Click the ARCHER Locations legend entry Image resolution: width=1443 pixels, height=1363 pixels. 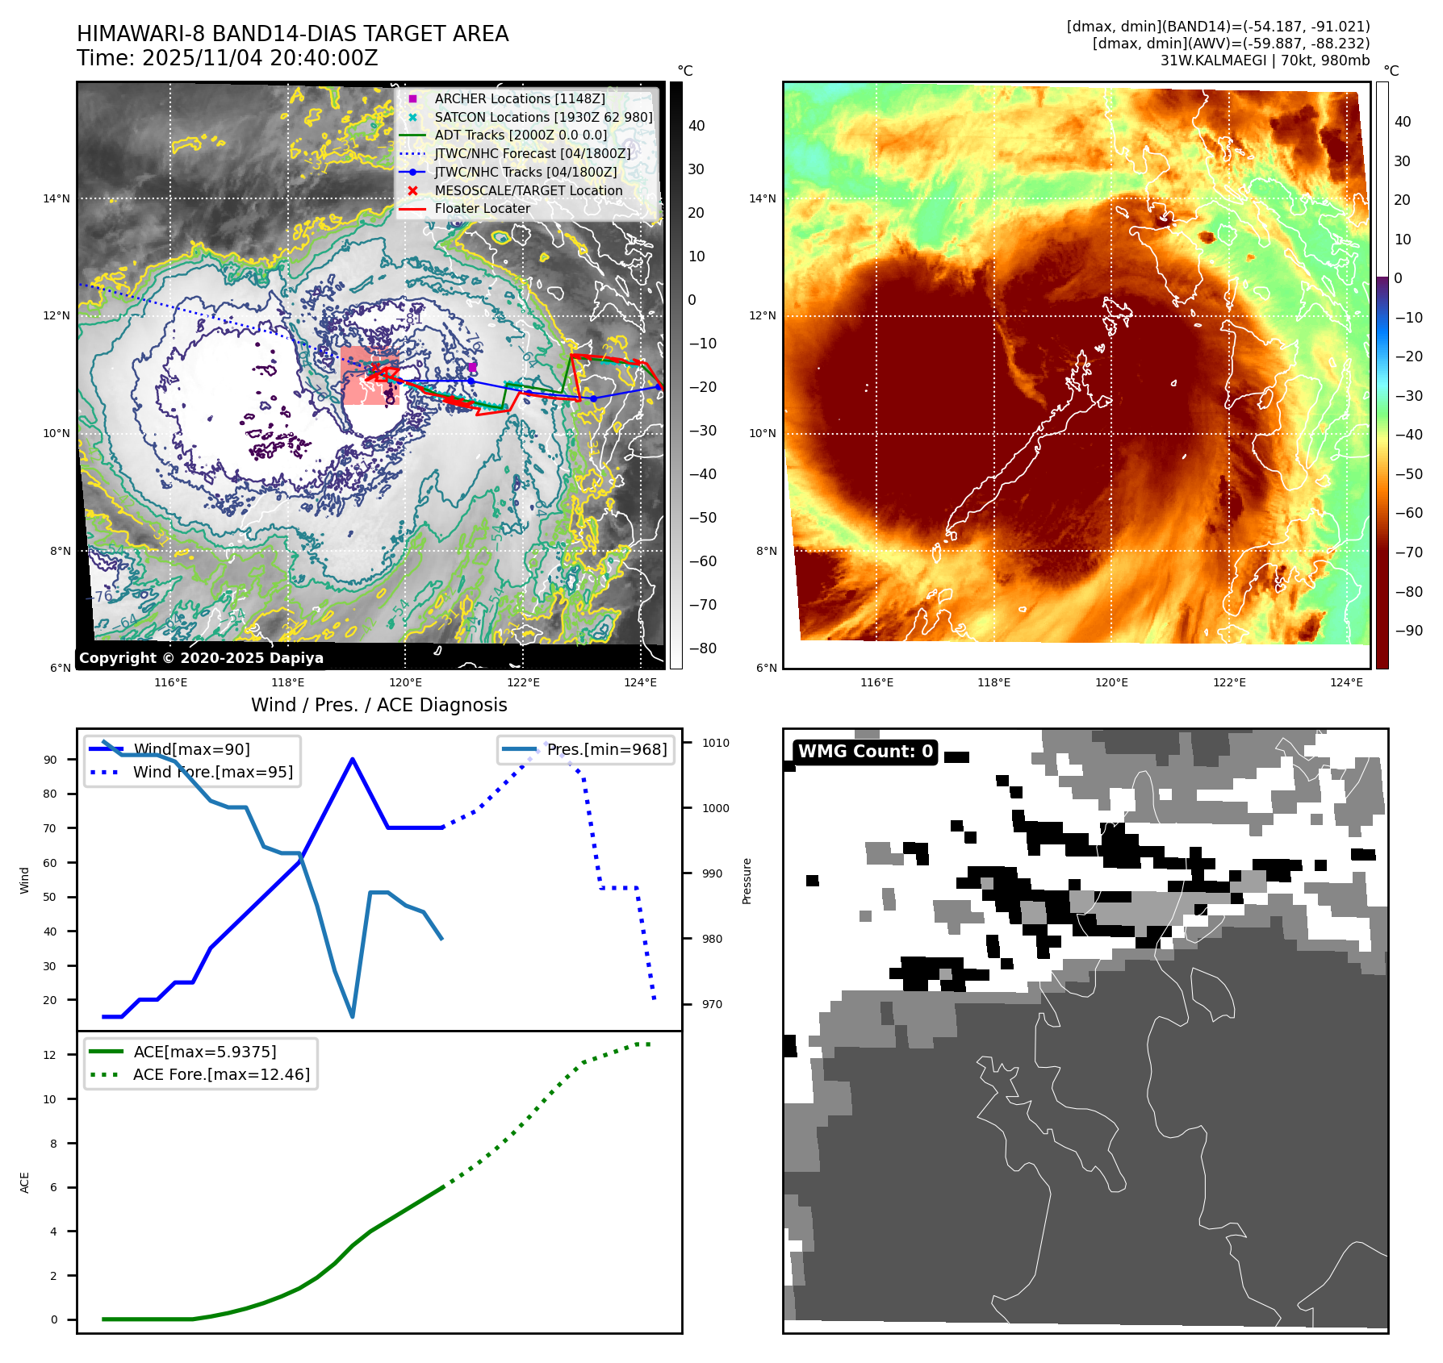click(519, 98)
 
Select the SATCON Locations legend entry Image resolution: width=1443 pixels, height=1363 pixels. click(543, 117)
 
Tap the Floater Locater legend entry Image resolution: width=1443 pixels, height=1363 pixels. click(482, 208)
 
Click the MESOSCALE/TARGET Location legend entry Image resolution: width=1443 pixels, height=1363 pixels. click(528, 190)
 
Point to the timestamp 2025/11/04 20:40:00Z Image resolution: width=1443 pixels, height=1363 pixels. click(260, 58)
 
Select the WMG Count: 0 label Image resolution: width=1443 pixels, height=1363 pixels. click(865, 752)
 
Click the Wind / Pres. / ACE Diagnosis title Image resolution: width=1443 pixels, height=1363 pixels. click(379, 705)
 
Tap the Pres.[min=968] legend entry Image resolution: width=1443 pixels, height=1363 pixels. click(606, 749)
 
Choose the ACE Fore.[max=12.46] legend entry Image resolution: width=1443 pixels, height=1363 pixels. click(221, 1074)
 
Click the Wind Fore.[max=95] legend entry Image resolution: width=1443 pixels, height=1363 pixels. click(213, 772)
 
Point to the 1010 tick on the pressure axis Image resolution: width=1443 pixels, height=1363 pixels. click(715, 743)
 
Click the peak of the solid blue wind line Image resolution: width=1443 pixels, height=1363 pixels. click(353, 759)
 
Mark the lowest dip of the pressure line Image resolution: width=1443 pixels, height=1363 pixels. click(353, 1016)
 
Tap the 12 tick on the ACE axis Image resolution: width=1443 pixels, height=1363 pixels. click(50, 1055)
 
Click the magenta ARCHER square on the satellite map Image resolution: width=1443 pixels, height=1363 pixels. click(472, 367)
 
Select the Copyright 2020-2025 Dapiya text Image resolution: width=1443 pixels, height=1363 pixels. click(201, 658)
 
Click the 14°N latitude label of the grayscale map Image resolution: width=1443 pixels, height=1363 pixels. click(56, 198)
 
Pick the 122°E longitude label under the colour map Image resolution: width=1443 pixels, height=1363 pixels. click(1229, 682)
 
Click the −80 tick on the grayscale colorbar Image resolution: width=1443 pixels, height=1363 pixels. click(702, 648)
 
